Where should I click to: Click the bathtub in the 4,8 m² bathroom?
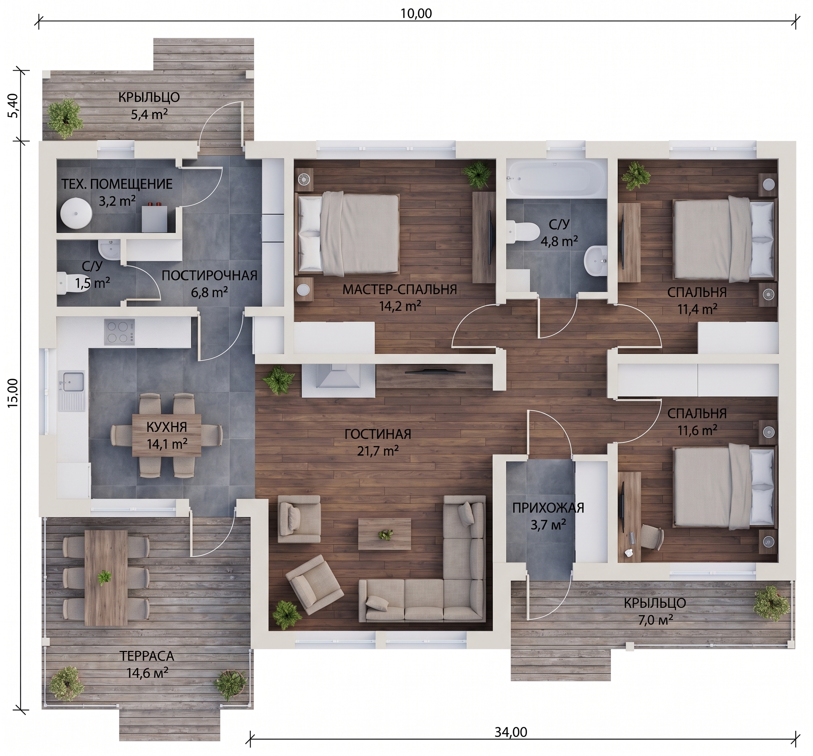coord(556,179)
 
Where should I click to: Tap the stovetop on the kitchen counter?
coord(119,332)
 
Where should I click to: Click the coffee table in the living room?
coord(384,534)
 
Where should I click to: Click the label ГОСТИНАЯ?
coord(378,434)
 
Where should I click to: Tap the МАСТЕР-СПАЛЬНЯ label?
coord(400,290)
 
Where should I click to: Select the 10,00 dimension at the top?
coord(416,13)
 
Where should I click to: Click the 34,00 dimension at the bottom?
coord(511,732)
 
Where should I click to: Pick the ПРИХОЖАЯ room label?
coord(548,508)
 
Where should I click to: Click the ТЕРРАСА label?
coord(147,656)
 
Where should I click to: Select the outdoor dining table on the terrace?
coord(106,578)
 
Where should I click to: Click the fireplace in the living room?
coord(338,380)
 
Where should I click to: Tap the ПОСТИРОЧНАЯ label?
coord(209,275)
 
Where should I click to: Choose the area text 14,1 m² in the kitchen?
coord(167,444)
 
